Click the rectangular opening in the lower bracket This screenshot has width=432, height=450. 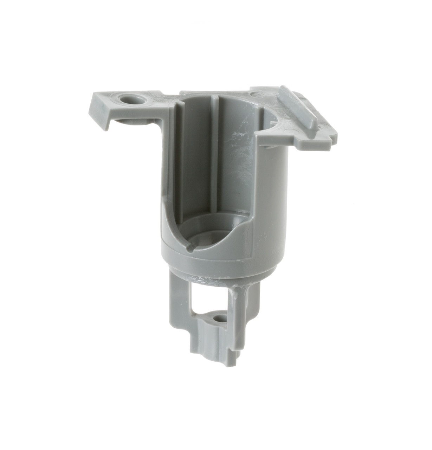209,295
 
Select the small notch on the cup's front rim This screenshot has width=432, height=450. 190,249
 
